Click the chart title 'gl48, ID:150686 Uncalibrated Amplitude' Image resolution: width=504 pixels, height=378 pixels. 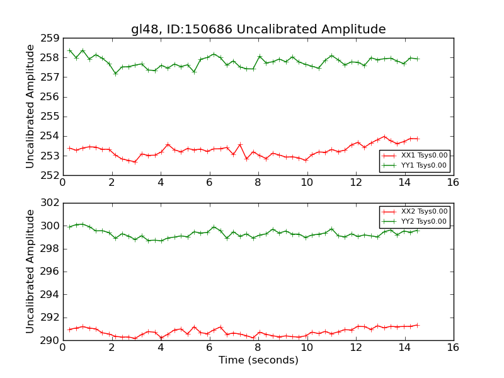click(x=258, y=30)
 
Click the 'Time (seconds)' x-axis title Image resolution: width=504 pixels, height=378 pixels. click(x=258, y=360)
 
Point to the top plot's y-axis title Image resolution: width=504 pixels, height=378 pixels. click(x=30, y=106)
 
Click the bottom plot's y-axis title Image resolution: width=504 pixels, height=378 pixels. click(x=30, y=272)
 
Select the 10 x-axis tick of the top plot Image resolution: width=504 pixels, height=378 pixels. click(x=307, y=183)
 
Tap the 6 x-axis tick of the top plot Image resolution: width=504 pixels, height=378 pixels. click(x=209, y=183)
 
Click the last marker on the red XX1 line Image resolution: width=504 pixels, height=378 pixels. click(x=417, y=139)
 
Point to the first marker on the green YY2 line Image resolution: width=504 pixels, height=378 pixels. click(x=69, y=227)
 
